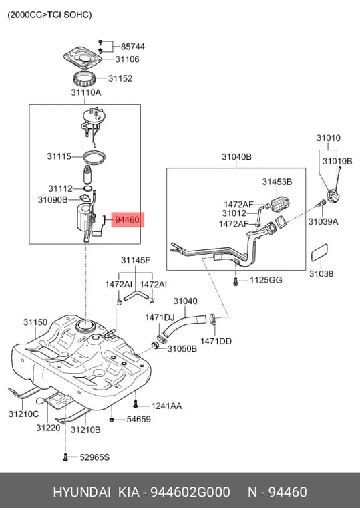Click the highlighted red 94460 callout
pos(128,220)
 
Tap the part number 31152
pos(120,78)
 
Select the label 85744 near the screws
pos(133,47)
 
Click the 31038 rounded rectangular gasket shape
pos(319,253)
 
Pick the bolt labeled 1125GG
pos(236,281)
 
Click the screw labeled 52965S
pos(65,457)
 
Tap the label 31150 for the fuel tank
pos(35,322)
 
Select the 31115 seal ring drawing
pos(94,158)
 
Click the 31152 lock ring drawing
pos(84,79)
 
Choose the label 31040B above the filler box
pos(236,157)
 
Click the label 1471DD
pos(216,341)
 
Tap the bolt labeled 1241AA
pos(136,404)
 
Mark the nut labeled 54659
pos(112,420)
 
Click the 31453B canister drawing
pos(279,204)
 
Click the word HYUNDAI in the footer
pos(81,492)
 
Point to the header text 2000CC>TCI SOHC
pos(49,15)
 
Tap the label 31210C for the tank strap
pos(23,414)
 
